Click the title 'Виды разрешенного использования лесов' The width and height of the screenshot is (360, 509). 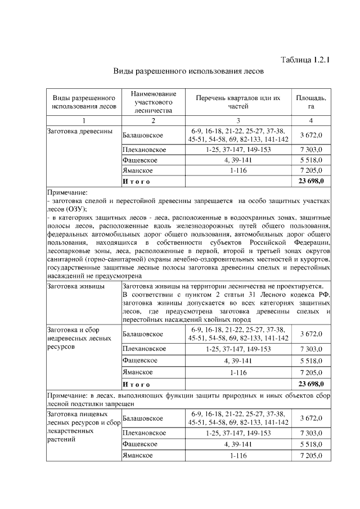188,72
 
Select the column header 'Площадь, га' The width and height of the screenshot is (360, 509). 310,102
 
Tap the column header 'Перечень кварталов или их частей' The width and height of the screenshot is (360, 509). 238,102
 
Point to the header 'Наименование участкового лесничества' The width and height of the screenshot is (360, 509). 153,102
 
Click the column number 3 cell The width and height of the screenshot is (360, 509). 238,120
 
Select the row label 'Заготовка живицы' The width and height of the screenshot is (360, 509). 73,286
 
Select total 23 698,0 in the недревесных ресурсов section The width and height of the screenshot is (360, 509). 310,384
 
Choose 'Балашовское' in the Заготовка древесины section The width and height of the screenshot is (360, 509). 143,136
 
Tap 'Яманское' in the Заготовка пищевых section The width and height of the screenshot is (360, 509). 138,456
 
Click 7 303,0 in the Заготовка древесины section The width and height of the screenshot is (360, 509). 310,150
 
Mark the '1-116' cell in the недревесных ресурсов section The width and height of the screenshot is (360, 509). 238,372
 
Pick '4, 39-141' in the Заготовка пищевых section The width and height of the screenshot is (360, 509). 238,444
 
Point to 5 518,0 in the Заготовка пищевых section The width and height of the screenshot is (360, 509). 310,444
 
